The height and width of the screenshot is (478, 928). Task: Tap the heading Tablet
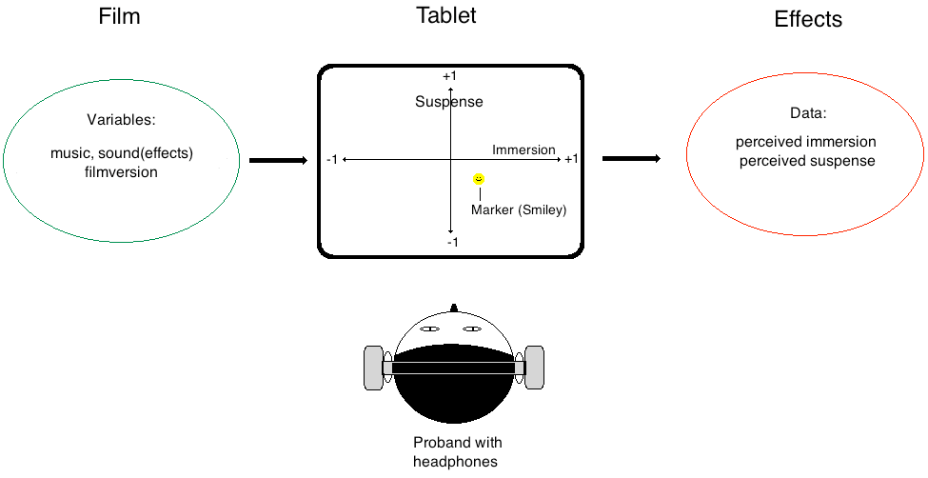point(446,15)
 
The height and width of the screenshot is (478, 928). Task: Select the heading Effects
point(808,19)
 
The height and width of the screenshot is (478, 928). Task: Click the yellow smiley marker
point(479,178)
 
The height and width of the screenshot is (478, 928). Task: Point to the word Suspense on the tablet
point(449,102)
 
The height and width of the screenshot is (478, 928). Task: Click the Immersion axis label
point(523,149)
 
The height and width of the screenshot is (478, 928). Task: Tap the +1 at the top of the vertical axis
point(450,76)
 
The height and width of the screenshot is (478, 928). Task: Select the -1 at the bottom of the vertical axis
point(453,242)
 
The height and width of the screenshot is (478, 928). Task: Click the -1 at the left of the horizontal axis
point(331,159)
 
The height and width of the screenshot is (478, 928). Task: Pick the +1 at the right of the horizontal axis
point(571,159)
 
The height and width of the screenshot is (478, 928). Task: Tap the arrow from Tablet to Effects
point(631,158)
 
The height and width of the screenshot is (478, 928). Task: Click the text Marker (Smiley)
point(519,210)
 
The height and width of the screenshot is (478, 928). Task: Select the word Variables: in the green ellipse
point(121,121)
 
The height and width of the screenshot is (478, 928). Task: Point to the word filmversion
point(121,172)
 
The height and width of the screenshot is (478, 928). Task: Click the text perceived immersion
point(806,142)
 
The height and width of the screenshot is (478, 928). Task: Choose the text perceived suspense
point(806,161)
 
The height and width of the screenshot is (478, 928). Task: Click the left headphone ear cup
point(373,368)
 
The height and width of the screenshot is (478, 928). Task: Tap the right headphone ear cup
point(535,368)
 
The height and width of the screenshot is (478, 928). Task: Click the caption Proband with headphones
point(457,452)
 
